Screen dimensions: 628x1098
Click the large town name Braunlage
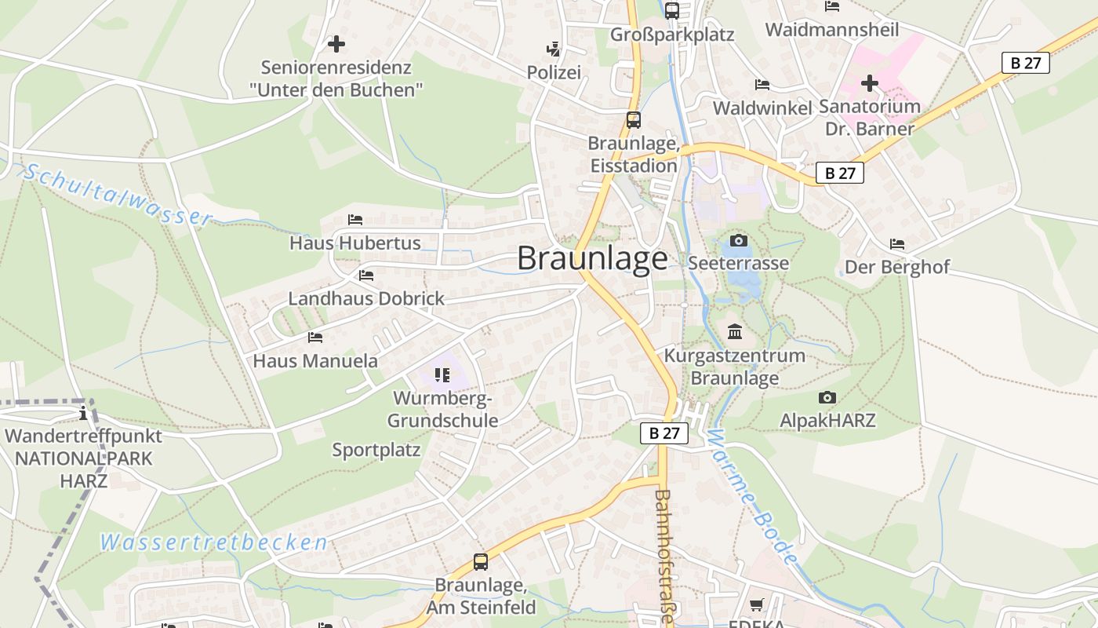[x=592, y=258]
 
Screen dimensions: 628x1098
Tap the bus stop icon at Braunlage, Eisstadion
[x=634, y=120]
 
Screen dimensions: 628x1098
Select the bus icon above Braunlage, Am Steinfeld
[x=481, y=562]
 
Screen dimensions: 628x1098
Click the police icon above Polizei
[x=554, y=49]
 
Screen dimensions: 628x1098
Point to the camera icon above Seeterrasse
[x=738, y=240]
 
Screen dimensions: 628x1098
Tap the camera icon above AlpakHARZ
[x=827, y=398]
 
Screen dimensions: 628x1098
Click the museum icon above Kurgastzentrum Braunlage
[x=735, y=332]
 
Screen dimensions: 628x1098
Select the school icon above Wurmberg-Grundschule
[x=442, y=375]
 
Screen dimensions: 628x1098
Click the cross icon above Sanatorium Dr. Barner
[x=869, y=82]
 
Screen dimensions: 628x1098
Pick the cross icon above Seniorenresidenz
[x=336, y=44]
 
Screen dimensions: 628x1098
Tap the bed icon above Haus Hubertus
[x=355, y=220]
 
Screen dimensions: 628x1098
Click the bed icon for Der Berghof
[x=897, y=244]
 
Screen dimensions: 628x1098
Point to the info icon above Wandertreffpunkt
[x=83, y=413]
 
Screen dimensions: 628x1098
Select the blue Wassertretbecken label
[x=213, y=542]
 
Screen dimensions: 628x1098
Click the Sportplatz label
[x=376, y=450]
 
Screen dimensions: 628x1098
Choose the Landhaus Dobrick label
[x=366, y=298]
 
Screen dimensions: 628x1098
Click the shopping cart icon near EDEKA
[x=757, y=604]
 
